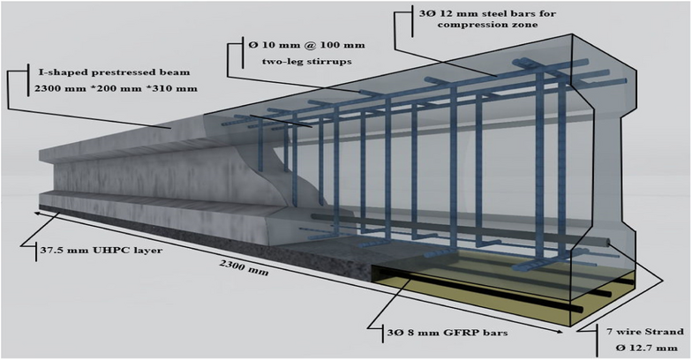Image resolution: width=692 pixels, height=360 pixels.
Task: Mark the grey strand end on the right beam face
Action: point(608,241)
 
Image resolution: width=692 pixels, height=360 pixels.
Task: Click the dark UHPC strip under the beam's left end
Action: point(132,225)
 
